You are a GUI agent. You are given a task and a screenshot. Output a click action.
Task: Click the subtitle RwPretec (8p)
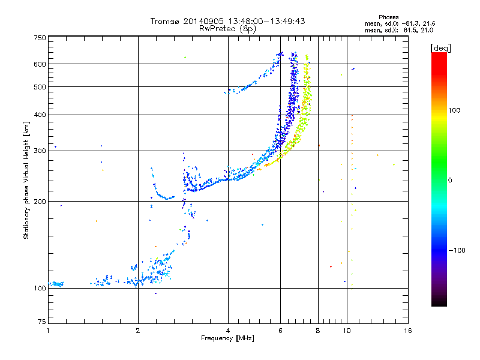pyautogui.click(x=227, y=29)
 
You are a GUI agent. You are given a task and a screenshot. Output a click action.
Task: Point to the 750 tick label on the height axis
pyautogui.click(x=40, y=38)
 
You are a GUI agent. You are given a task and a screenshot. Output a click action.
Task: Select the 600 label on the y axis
pyautogui.click(x=40, y=64)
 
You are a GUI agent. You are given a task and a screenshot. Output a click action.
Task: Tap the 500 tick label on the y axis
pyautogui.click(x=40, y=87)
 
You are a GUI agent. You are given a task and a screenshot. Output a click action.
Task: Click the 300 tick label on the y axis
pyautogui.click(x=40, y=151)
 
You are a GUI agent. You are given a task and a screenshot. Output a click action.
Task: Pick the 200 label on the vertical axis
pyautogui.click(x=40, y=202)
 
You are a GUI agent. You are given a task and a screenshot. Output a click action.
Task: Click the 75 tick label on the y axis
pyautogui.click(x=42, y=322)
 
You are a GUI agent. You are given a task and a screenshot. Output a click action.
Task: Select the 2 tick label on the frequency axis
pyautogui.click(x=138, y=331)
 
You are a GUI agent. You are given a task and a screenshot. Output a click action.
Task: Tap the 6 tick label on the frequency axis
pyautogui.click(x=280, y=331)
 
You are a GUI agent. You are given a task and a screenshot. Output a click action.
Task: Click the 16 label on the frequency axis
pyautogui.click(x=408, y=331)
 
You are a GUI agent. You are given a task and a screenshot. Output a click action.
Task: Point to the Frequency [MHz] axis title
pyautogui.click(x=227, y=338)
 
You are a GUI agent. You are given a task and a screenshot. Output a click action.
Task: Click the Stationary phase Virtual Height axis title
pyautogui.click(x=26, y=180)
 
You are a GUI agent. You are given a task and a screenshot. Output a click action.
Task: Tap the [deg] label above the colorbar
pyautogui.click(x=440, y=48)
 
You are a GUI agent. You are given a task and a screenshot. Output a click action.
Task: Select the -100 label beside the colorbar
pyautogui.click(x=457, y=250)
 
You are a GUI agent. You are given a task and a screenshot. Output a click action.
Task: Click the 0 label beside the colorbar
pyautogui.click(x=450, y=180)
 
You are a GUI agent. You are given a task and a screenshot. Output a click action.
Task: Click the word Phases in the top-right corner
pyautogui.click(x=389, y=17)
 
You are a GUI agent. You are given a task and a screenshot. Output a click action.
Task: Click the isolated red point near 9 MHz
pyautogui.click(x=331, y=266)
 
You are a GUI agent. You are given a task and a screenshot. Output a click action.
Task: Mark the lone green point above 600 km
pyautogui.click(x=185, y=57)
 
